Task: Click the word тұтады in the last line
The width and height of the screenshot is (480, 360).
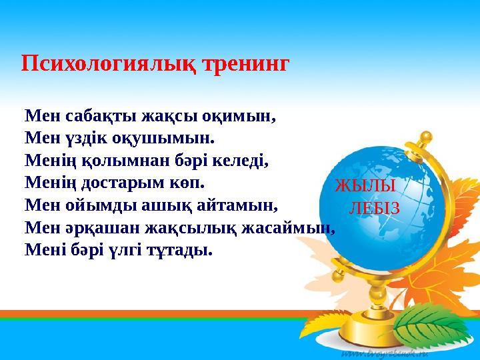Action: point(181,251)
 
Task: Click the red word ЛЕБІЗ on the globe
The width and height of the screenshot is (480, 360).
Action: point(374,209)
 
